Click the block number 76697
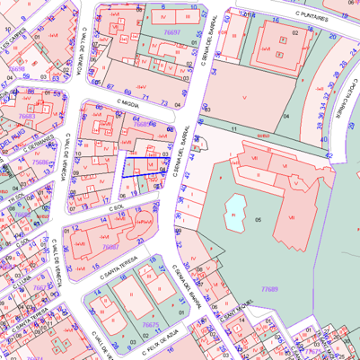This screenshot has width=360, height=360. [172, 31]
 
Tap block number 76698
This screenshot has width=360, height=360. [16, 69]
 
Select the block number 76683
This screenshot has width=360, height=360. [27, 117]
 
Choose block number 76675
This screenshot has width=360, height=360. [150, 325]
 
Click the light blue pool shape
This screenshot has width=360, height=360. [235, 208]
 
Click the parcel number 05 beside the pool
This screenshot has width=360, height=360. [259, 218]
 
